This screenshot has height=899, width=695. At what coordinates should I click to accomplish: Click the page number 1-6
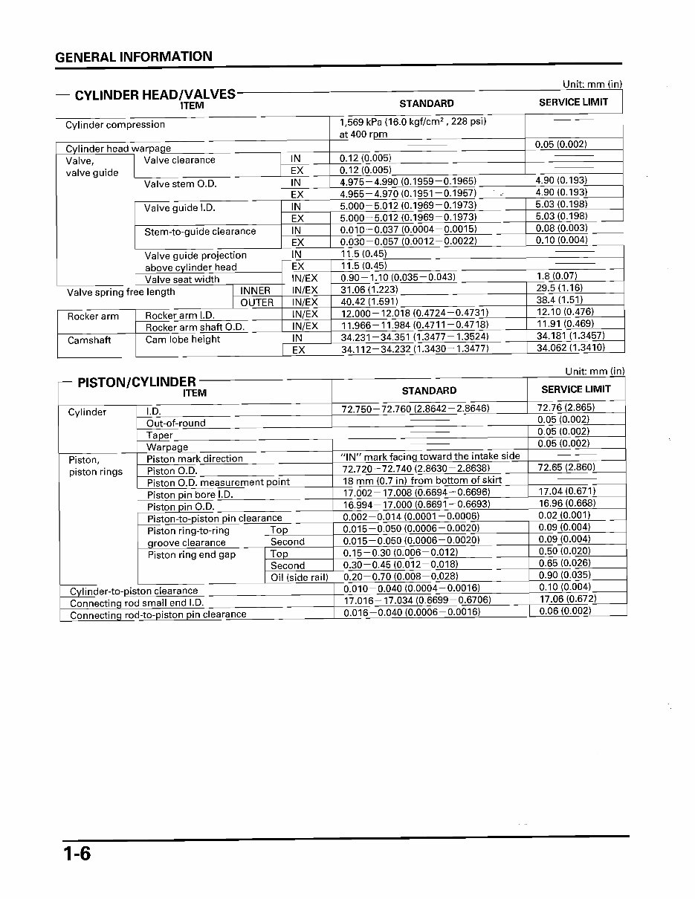[x=77, y=853]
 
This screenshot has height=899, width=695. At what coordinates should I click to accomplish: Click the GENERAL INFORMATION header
[x=134, y=56]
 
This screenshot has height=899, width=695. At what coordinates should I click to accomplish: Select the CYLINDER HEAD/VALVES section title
[x=155, y=94]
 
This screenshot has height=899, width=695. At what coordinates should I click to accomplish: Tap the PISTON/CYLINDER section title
[x=137, y=382]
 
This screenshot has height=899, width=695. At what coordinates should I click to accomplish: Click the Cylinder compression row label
[x=115, y=125]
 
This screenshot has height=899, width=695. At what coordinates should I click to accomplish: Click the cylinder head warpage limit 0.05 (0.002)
[x=560, y=144]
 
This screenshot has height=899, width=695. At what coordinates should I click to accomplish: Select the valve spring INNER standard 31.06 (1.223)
[x=369, y=290]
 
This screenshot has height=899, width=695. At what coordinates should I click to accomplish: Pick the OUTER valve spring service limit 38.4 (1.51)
[x=560, y=300]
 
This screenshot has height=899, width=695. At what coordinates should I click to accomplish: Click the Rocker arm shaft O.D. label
[x=195, y=327]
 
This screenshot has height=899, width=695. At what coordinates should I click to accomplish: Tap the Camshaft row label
[x=89, y=340]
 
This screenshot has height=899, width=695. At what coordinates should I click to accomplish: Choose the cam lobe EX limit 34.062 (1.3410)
[x=570, y=347]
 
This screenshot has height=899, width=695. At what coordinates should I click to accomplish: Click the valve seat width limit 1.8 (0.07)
[x=557, y=276]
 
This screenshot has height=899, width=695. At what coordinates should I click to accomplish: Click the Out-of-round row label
[x=176, y=423]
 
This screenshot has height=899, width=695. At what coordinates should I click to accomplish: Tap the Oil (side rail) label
[x=300, y=577]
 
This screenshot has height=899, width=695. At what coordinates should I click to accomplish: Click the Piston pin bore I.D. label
[x=190, y=494]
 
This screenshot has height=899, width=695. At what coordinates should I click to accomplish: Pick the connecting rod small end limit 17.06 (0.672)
[x=568, y=599]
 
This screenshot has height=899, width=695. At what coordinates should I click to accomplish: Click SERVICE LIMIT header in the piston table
[x=575, y=389]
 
